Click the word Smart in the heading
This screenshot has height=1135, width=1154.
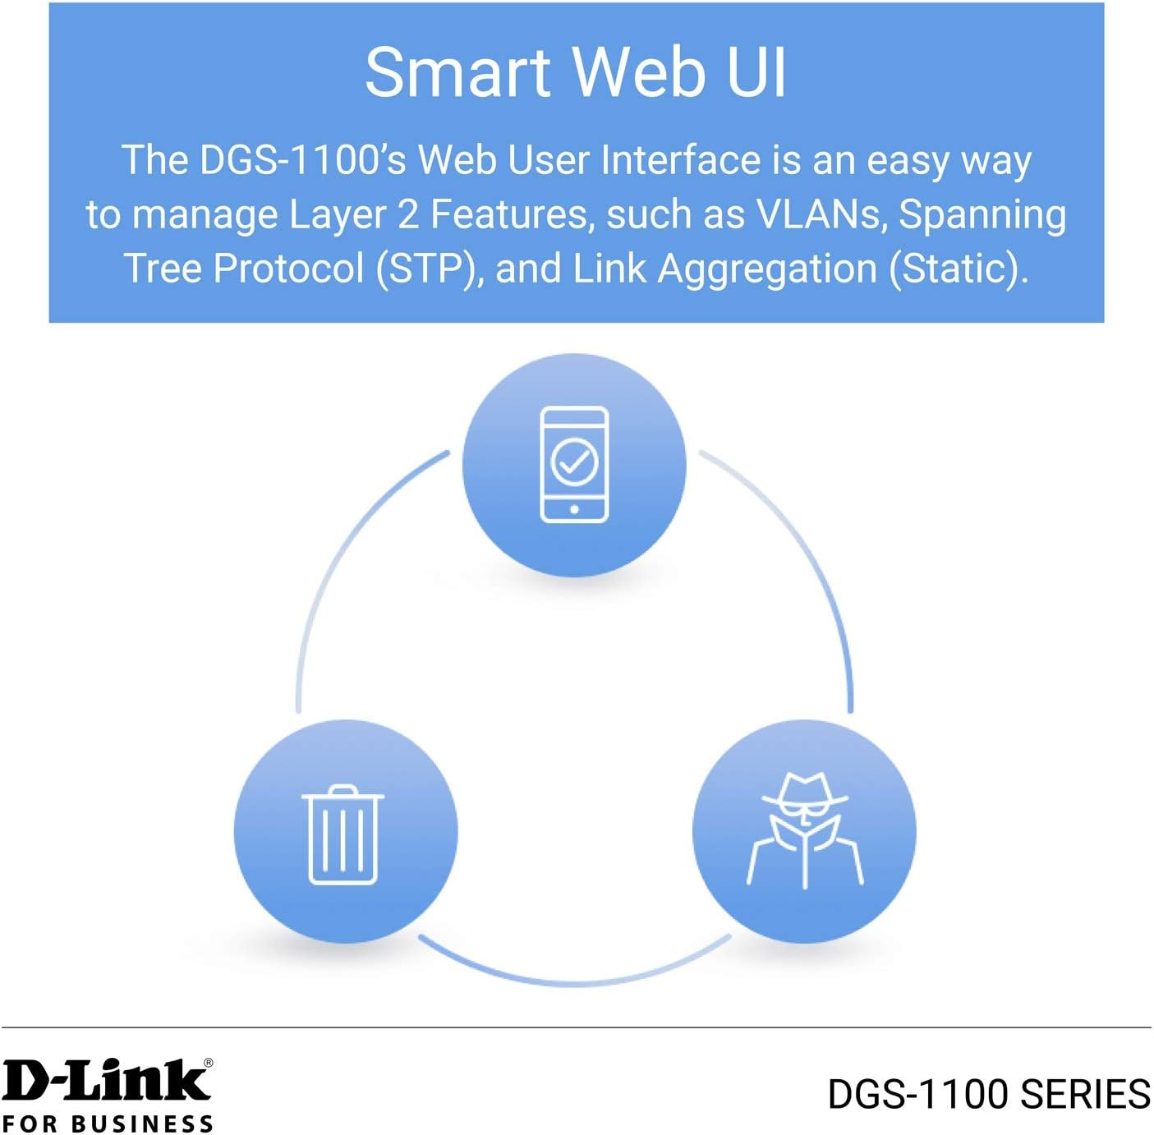click(457, 72)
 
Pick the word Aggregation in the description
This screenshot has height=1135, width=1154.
click(767, 269)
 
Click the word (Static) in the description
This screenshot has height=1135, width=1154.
click(959, 268)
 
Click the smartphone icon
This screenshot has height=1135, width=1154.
click(574, 465)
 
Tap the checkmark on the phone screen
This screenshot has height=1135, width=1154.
click(574, 462)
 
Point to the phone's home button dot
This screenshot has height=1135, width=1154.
click(574, 509)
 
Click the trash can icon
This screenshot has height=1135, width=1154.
click(343, 834)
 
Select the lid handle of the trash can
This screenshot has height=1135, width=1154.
click(343, 790)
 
